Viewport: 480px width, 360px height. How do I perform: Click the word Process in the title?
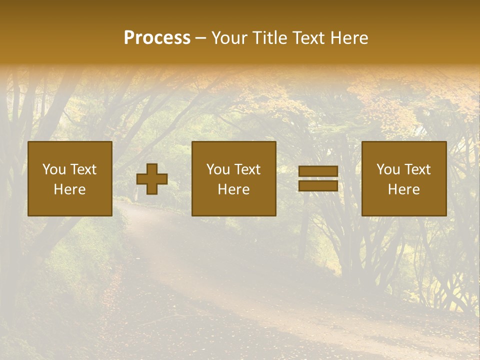click(157, 38)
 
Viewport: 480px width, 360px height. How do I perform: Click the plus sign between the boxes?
click(152, 179)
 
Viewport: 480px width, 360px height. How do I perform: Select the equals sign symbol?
click(318, 179)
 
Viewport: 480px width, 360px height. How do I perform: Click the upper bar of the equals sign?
click(318, 171)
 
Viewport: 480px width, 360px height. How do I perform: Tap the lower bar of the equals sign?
click(318, 186)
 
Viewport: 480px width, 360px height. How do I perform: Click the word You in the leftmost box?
click(53, 169)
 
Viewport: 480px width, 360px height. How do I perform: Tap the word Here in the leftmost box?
click(69, 189)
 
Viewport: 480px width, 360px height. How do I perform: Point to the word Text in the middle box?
click(247, 169)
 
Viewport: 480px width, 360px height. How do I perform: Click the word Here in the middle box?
click(233, 189)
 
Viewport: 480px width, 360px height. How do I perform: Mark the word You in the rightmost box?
click(388, 169)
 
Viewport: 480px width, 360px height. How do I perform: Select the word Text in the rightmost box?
click(417, 169)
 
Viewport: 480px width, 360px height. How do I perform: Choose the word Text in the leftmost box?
click(83, 169)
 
